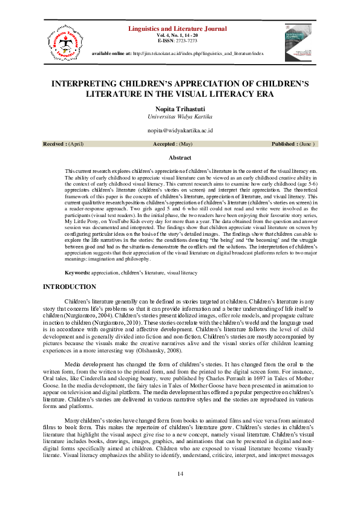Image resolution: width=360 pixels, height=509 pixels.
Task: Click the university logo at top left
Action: click(x=61, y=41)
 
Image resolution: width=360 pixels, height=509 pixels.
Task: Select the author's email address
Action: click(x=180, y=131)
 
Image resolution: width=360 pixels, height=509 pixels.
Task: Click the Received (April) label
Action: click(x=63, y=144)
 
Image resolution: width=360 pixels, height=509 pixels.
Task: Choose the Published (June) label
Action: click(x=293, y=144)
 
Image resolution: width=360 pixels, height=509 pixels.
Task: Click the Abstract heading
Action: click(x=180, y=157)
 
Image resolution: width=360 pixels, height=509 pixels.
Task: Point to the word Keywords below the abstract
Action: click(x=77, y=273)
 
